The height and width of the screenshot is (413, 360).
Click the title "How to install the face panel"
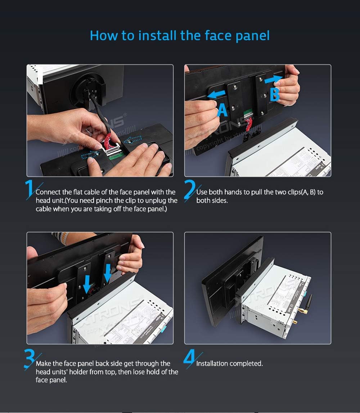click(x=180, y=36)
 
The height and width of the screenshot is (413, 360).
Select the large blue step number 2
click(x=189, y=190)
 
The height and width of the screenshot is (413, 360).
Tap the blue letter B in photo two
click(x=275, y=94)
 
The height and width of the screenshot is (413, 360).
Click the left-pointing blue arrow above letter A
click(x=217, y=94)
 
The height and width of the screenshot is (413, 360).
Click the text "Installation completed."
click(x=229, y=364)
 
